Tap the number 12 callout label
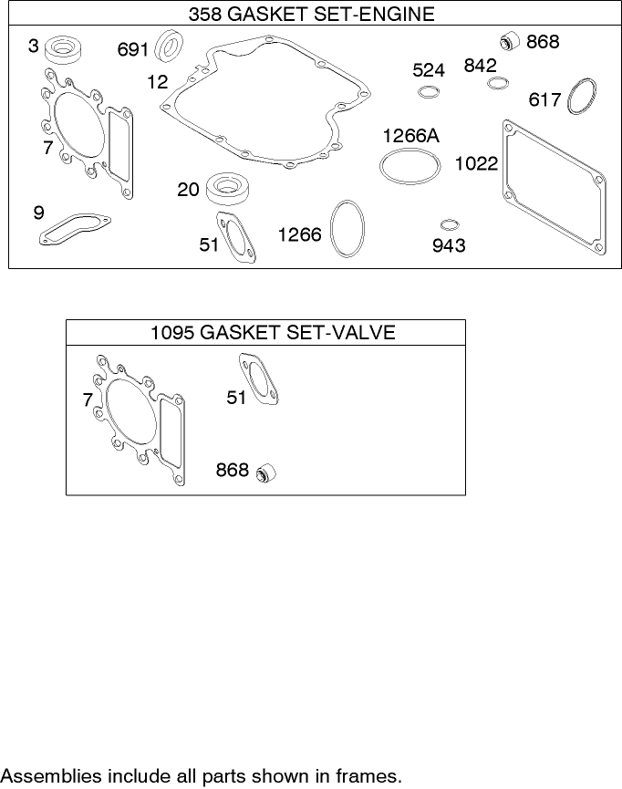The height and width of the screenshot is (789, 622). point(158,82)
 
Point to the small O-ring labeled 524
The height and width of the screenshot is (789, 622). point(429,92)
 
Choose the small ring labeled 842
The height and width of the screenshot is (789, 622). point(497,84)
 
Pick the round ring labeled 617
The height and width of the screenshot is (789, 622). point(580,98)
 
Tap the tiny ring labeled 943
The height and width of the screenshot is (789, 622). point(448,224)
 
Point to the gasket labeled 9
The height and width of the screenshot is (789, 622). point(75,230)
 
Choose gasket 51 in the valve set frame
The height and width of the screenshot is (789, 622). point(260,379)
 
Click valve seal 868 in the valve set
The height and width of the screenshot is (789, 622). point(266,472)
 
